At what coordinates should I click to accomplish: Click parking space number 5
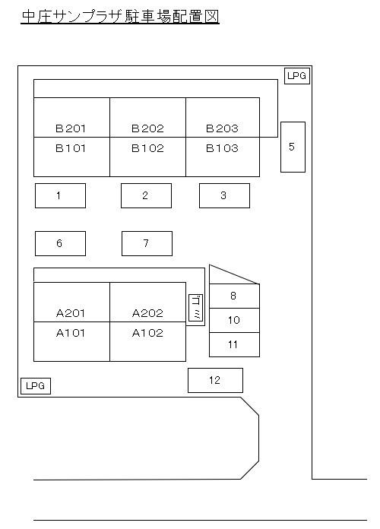coord(293,147)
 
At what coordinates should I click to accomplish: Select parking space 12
coord(215,380)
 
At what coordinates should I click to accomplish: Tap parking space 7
coord(147,243)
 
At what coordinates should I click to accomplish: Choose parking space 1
coord(60,195)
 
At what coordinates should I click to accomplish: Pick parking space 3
coord(224,195)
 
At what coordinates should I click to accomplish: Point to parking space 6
coord(60,243)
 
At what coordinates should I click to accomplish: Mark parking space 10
coord(234,320)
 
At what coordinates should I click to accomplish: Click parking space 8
coord(234,296)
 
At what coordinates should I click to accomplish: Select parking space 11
coord(234,344)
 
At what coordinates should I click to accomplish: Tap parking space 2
coord(146,195)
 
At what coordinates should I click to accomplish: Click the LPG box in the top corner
coord(297,76)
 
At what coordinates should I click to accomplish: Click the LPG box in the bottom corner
coord(36,386)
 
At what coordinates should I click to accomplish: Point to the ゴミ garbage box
coord(196,308)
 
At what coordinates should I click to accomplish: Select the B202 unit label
coord(147,128)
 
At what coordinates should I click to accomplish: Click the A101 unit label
coord(70,334)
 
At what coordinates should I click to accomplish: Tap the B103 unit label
coord(222,148)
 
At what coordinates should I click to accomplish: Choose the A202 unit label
coord(147,313)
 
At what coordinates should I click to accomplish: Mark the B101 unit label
coord(70,148)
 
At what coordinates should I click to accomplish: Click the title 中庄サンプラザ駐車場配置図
coord(120,17)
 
